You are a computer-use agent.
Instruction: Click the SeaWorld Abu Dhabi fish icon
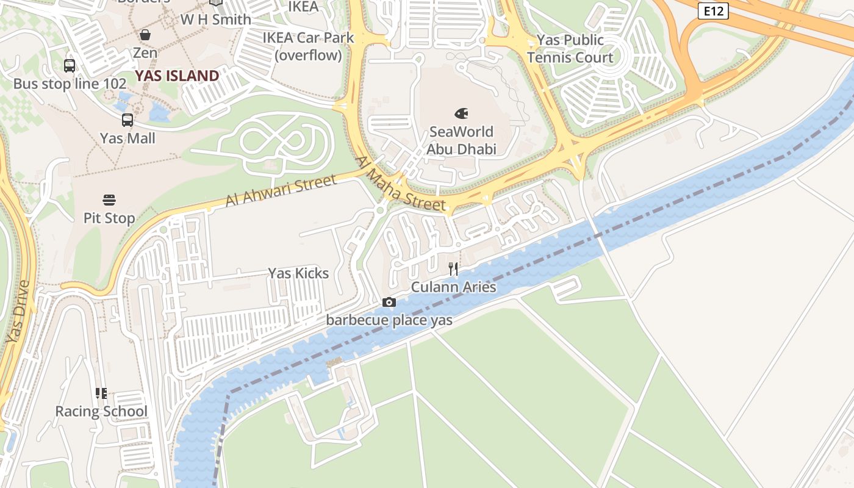(x=462, y=113)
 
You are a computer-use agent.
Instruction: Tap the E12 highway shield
(x=713, y=10)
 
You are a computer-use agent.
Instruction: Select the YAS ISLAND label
(x=177, y=76)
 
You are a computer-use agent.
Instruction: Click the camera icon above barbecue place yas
(x=389, y=302)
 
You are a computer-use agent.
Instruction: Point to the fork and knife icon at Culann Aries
(x=453, y=269)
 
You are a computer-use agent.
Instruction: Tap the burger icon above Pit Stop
(x=109, y=200)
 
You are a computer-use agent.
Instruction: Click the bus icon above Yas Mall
(x=127, y=120)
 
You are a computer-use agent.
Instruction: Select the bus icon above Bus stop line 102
(x=70, y=65)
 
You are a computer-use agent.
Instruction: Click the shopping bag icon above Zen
(x=145, y=35)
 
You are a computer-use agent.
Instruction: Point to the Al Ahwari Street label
(x=281, y=190)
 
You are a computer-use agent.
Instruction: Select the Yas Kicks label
(x=298, y=273)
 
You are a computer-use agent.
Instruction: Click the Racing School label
(x=101, y=411)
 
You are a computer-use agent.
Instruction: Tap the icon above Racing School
(x=101, y=393)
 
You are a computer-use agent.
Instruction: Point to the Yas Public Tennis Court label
(x=570, y=49)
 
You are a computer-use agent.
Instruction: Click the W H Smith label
(x=215, y=20)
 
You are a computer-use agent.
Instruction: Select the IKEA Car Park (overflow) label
(x=308, y=46)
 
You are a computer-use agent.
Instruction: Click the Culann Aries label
(x=453, y=287)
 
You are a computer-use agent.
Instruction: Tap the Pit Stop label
(x=109, y=218)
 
